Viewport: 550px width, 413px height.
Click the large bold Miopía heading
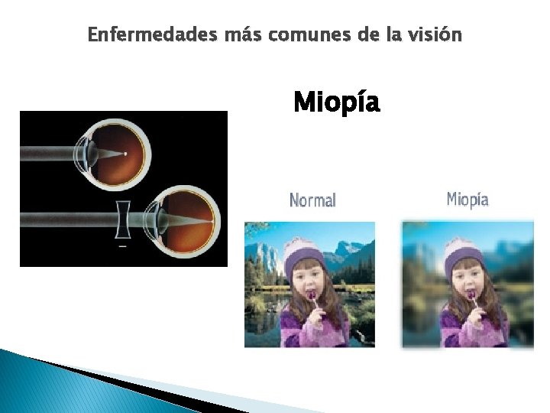pyautogui.click(x=336, y=102)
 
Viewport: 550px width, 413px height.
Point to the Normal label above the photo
pyautogui.click(x=312, y=200)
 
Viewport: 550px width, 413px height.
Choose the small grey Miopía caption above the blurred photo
pyautogui.click(x=467, y=200)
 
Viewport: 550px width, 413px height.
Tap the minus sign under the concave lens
pyautogui.click(x=122, y=246)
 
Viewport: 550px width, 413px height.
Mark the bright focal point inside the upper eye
pyautogui.click(x=125, y=153)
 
